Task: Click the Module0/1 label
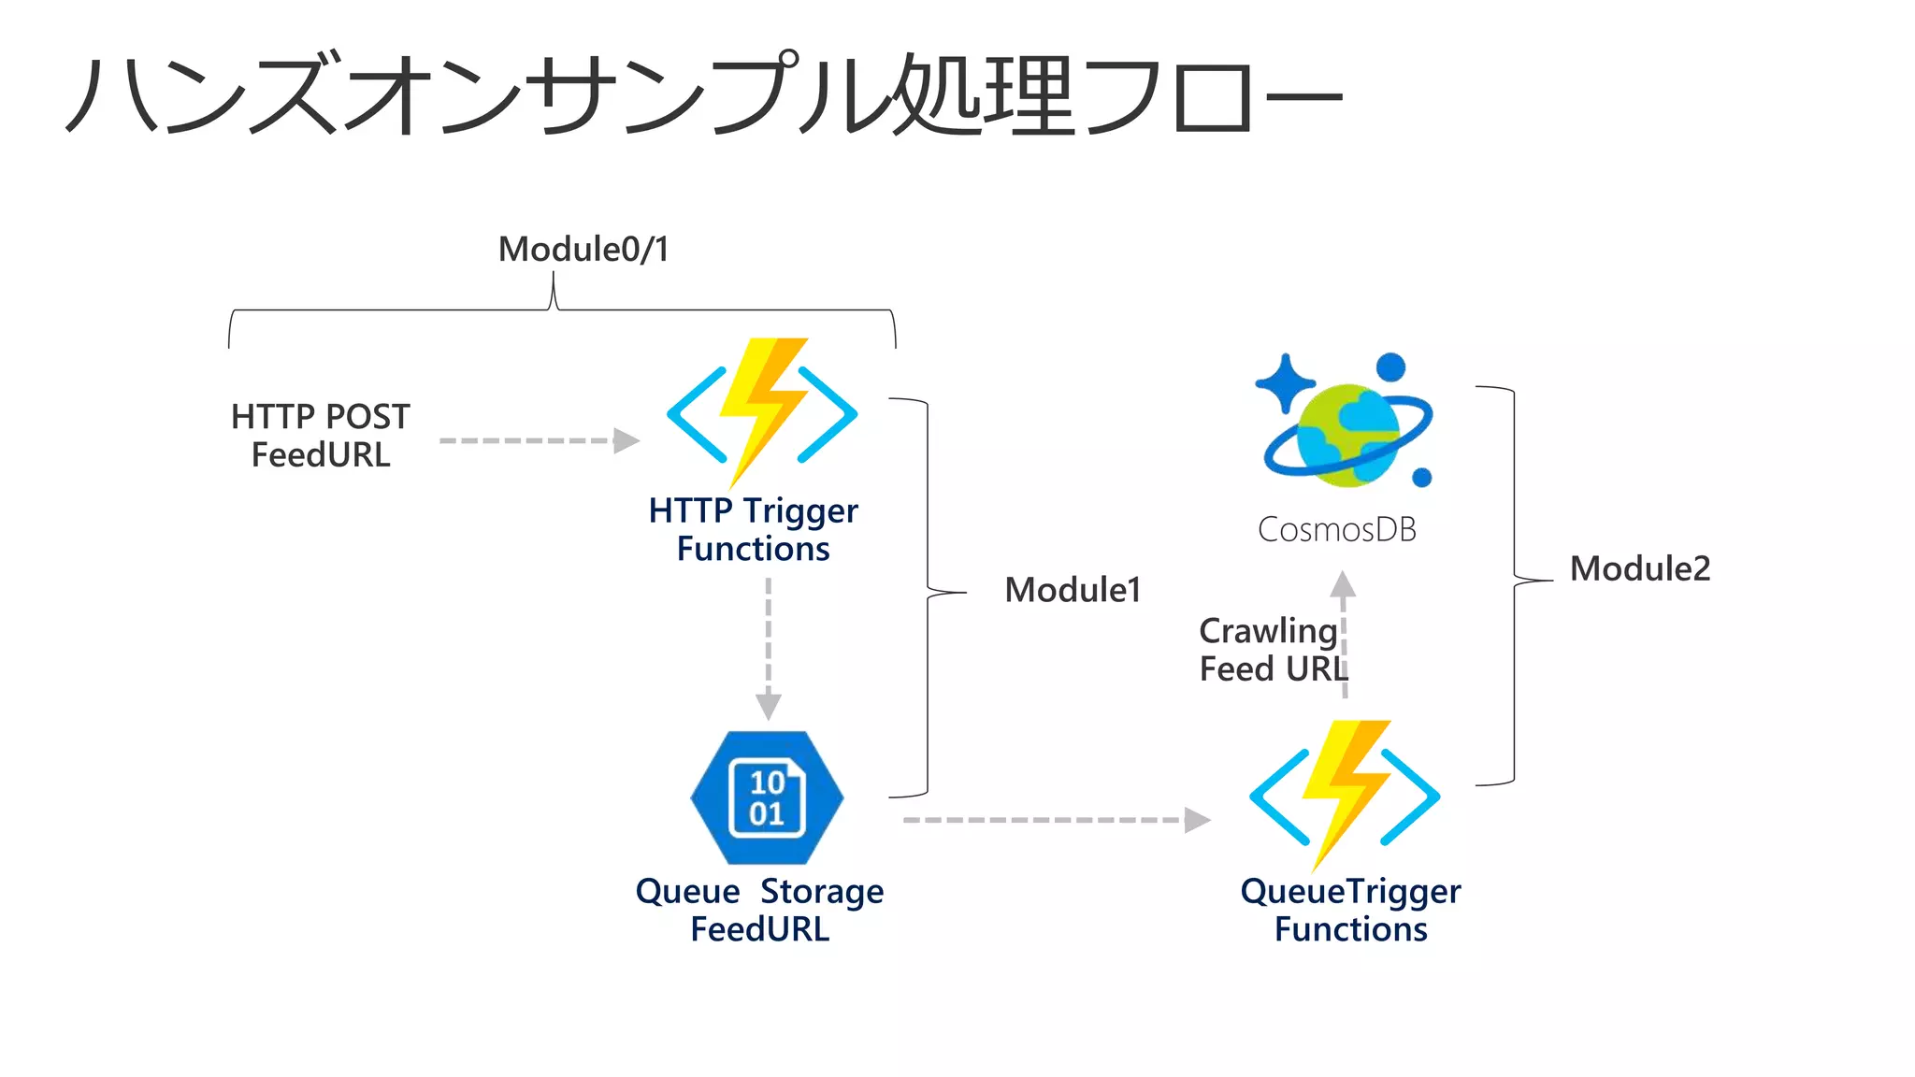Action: pos(583,250)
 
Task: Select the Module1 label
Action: pos(1073,590)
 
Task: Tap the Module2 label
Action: pos(1639,568)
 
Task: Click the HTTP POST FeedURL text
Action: pos(320,436)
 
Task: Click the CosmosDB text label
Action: pos(1336,530)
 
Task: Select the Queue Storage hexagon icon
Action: pos(767,797)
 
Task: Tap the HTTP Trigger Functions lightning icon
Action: pos(762,412)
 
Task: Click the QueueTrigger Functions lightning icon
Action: pos(1345,795)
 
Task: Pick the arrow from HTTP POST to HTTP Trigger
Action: pos(539,440)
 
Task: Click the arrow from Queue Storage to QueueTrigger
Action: pos(1056,820)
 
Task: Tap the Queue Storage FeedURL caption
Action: pos(759,910)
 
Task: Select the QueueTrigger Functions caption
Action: pos(1350,910)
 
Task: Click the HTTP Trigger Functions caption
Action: pos(753,529)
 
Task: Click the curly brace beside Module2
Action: pos(1513,584)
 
